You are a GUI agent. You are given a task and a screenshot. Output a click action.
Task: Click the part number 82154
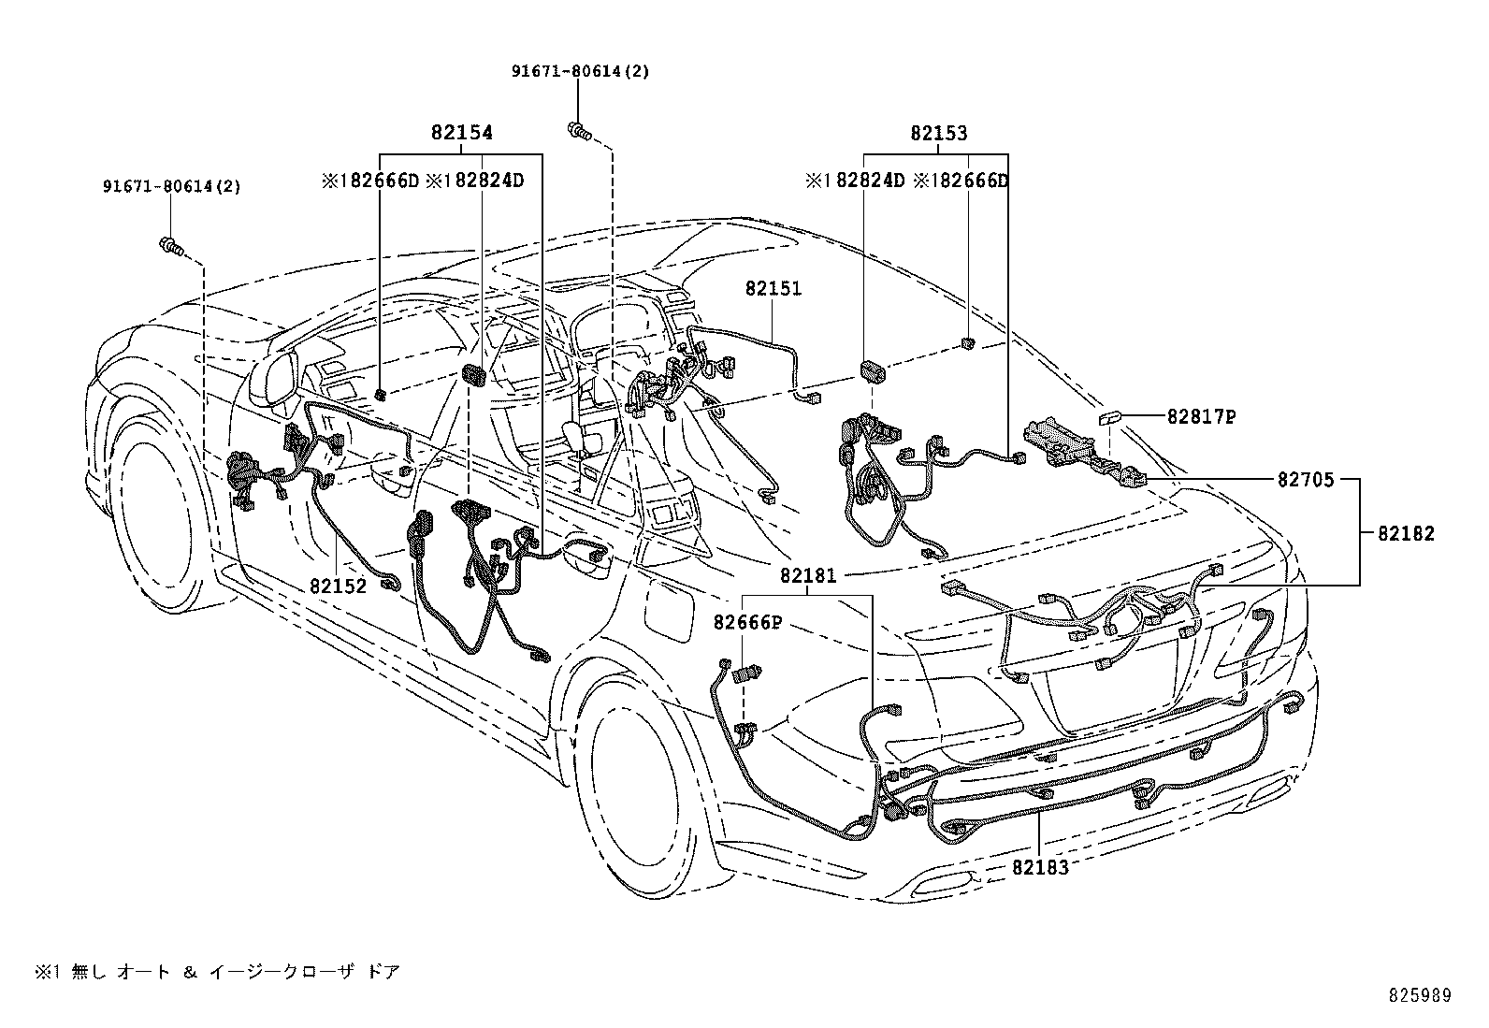point(461,134)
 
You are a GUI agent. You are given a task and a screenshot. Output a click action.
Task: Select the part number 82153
point(938,134)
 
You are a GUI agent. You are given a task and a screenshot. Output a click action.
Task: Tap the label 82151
point(773,289)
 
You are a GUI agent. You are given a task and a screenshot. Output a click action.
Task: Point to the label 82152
point(338,586)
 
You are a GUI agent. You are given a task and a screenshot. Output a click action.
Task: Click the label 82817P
point(1201,417)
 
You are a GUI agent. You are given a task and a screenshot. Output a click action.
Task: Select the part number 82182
point(1405,534)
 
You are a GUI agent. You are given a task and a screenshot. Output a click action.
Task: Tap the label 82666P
point(747,622)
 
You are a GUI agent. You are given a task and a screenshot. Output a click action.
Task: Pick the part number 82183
point(1039,867)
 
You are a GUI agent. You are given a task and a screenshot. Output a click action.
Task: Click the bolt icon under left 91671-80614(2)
point(170,247)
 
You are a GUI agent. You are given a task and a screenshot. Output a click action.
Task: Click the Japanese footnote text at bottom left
point(218,972)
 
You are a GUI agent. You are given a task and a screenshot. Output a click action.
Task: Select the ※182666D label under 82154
point(371,181)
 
